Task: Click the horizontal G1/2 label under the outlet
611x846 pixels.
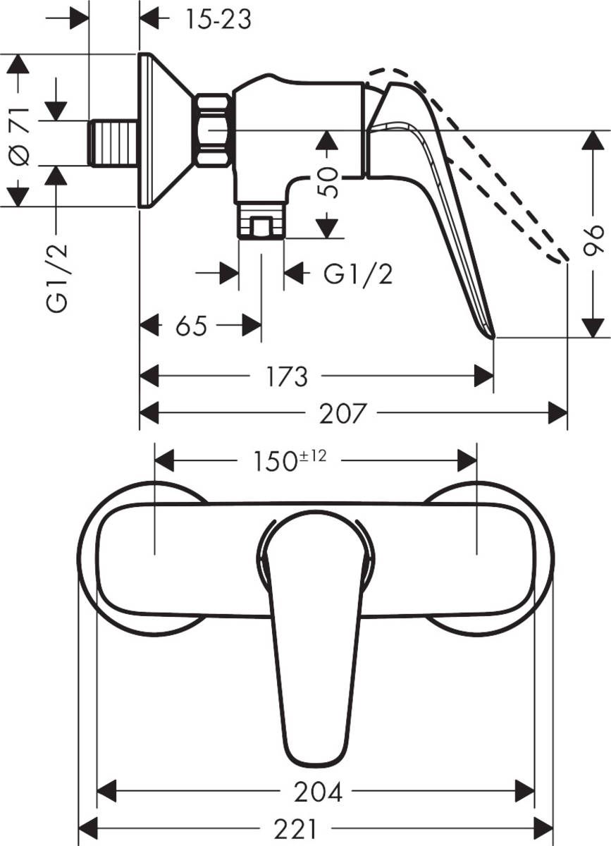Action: tap(358, 274)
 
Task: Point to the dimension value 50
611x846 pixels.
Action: tap(328, 183)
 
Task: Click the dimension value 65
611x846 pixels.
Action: tap(190, 326)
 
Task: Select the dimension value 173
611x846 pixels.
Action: tap(287, 376)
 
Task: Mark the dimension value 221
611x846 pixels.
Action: tap(296, 827)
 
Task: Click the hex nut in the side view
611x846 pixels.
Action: tap(214, 130)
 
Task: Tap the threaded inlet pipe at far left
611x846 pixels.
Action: tap(113, 143)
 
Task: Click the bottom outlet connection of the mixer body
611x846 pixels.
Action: tap(261, 221)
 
